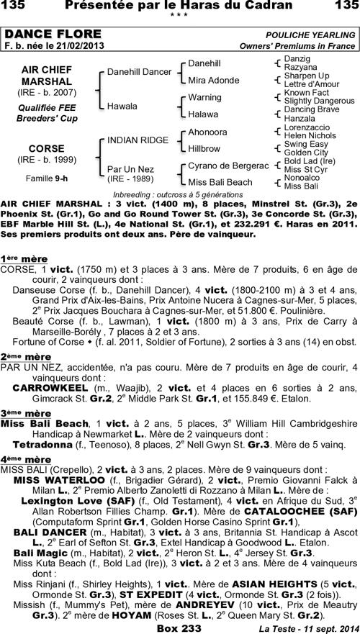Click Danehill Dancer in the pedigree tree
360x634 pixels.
coord(139,72)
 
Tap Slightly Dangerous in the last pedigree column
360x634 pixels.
coord(318,101)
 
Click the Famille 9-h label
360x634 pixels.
coord(46,177)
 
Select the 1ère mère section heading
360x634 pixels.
coord(24,258)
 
